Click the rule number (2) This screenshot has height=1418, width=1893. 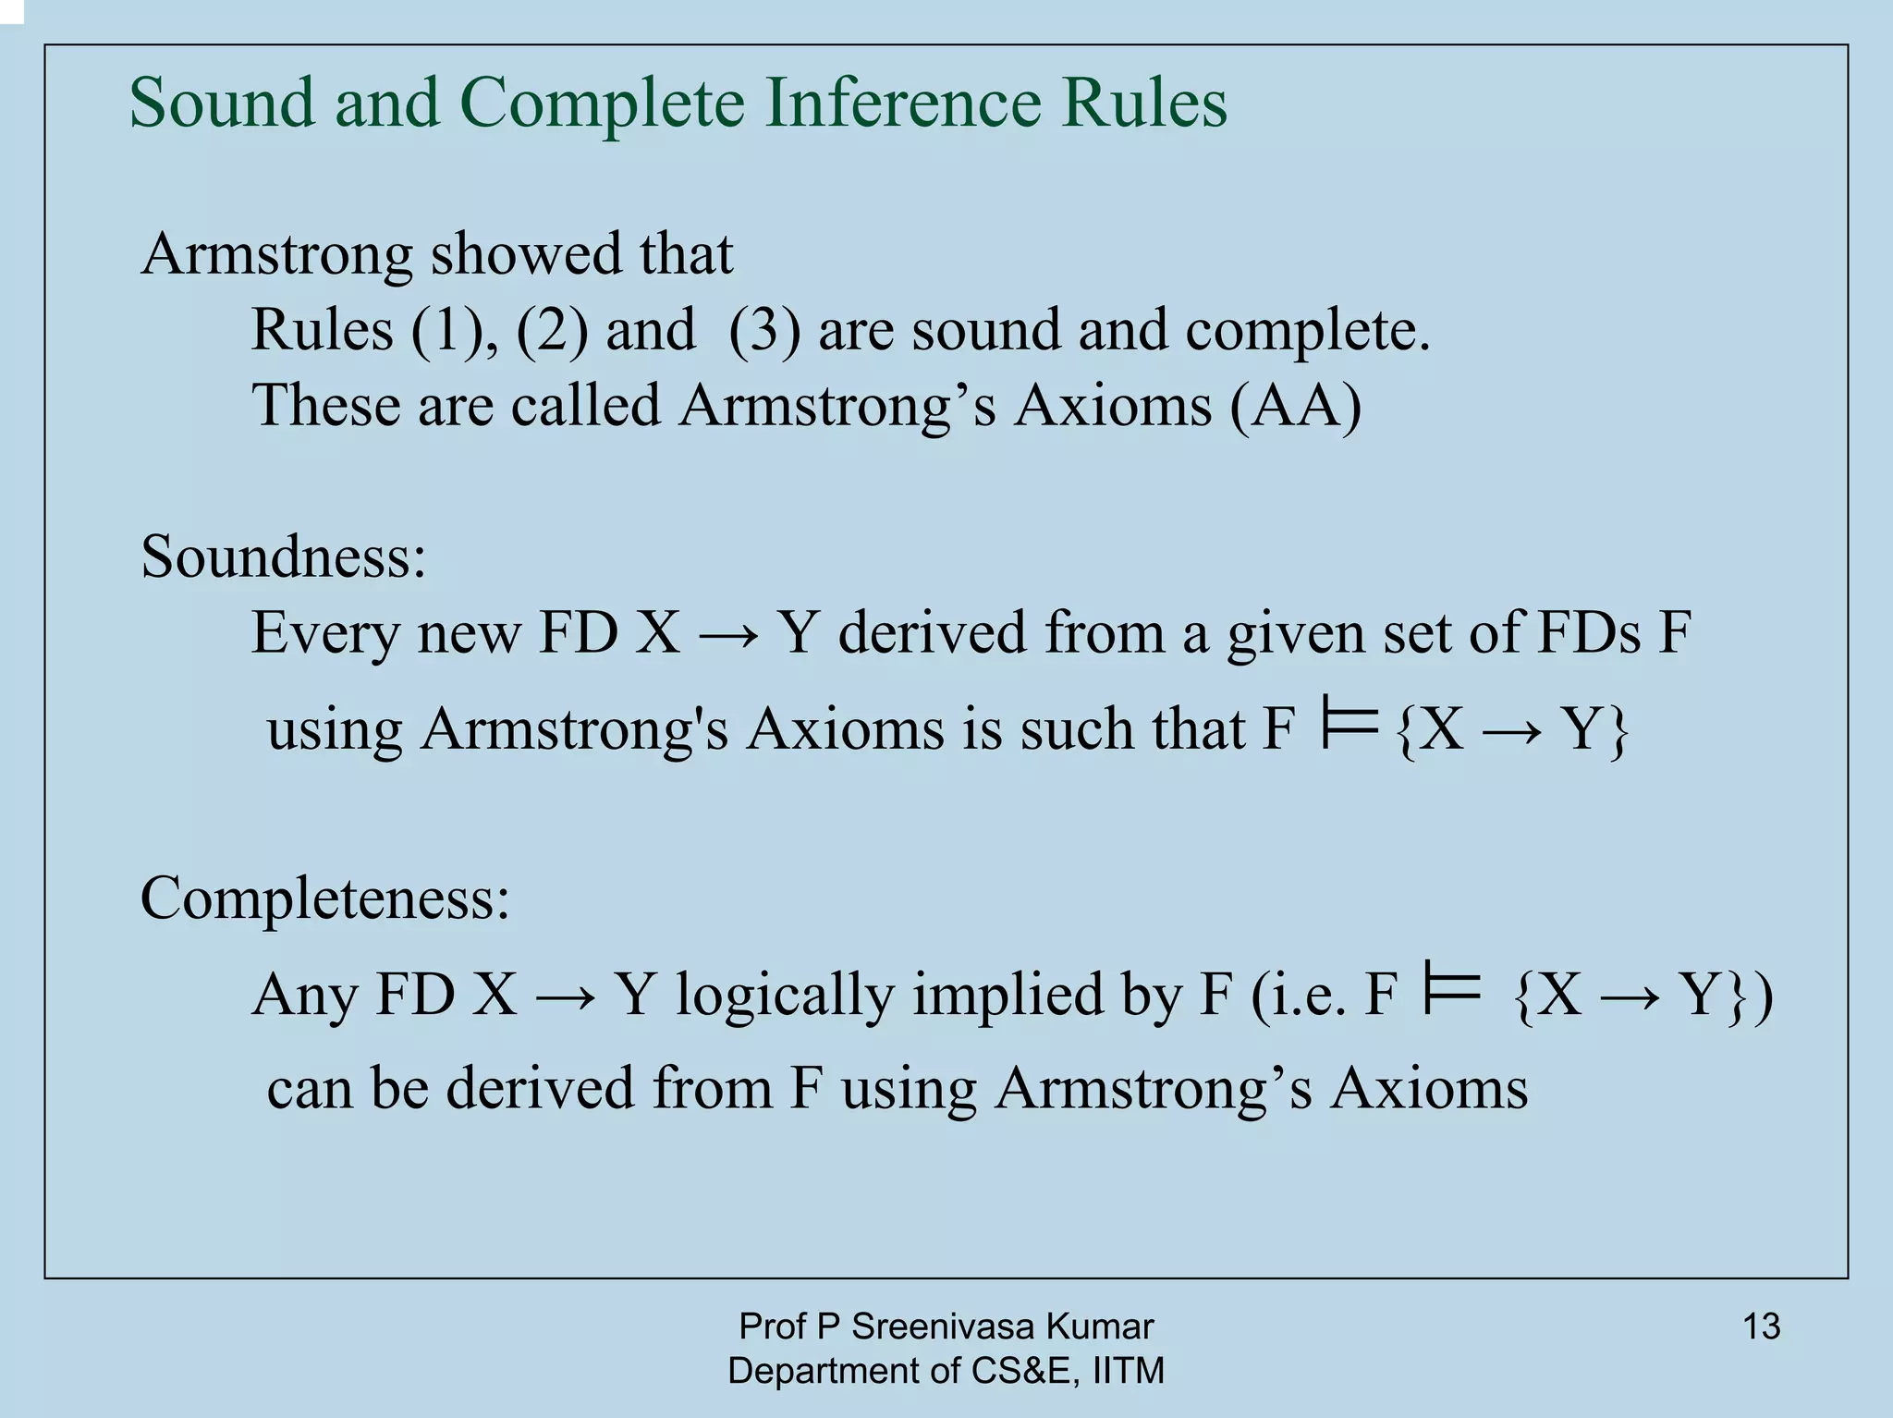(x=552, y=330)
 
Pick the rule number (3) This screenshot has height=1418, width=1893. (x=764, y=330)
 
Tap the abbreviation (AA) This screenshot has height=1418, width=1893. (x=1296, y=406)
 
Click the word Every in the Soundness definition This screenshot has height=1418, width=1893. (x=324, y=634)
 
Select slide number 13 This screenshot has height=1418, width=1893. (x=1761, y=1327)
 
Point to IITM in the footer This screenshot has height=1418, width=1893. (x=1128, y=1371)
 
